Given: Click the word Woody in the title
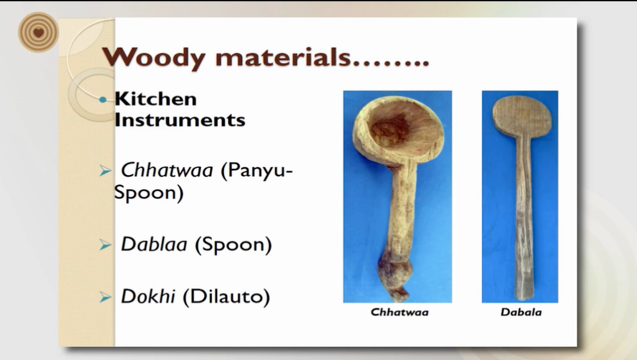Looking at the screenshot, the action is pos(154,57).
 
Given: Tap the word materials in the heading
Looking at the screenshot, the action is pos(283,57).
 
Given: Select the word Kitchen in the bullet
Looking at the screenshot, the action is pos(155,99).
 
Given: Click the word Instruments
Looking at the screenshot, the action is pos(180,120).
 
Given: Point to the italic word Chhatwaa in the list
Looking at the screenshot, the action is pos(167,170).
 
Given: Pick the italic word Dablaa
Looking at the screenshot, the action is pos(154,244).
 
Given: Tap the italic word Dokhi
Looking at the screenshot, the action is pos(148,296).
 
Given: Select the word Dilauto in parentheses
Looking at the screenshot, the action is pos(226,296).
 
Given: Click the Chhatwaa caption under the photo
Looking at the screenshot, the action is pos(399,312).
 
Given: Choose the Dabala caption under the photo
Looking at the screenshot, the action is pos(521,312).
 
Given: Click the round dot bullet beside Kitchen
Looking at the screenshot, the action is pos(103,99).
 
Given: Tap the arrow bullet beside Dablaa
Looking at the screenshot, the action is pos(105,245).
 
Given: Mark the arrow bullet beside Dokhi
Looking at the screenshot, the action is pos(105,298).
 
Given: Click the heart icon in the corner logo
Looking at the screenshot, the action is pos(39,32).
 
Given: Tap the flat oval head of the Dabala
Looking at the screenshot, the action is pos(522,117).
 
